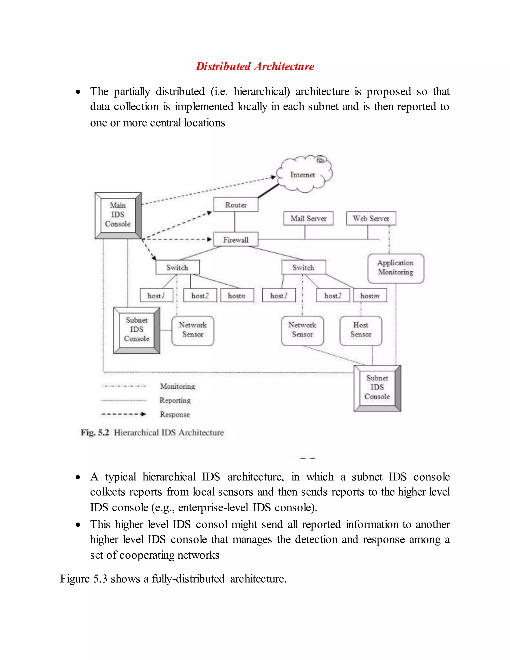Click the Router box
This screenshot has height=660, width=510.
(236, 204)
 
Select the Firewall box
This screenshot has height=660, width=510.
(236, 239)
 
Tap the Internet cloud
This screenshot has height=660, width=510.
(303, 175)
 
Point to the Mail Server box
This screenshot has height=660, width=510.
(308, 218)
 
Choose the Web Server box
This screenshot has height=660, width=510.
(371, 218)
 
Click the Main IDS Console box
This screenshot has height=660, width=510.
(118, 215)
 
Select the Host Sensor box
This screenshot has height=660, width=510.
(361, 330)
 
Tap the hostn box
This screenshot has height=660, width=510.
(237, 296)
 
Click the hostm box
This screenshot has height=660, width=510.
(370, 296)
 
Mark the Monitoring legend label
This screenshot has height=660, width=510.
(178, 386)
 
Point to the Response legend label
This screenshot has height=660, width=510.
(175, 414)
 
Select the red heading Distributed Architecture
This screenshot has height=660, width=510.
(255, 66)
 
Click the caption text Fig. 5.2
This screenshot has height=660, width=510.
(95, 432)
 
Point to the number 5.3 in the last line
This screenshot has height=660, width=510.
(100, 579)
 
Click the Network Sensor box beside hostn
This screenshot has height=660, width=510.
(193, 330)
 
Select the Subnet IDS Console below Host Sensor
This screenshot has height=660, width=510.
(377, 388)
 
